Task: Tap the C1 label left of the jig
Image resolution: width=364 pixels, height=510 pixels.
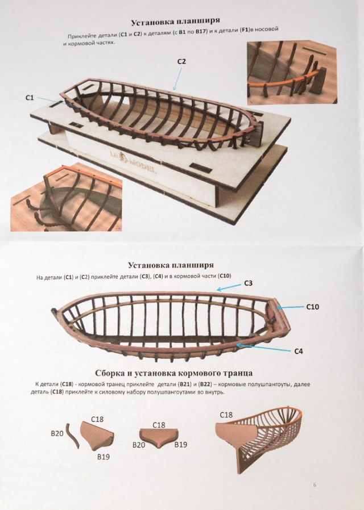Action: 30,98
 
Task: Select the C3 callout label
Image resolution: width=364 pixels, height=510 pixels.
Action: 249,282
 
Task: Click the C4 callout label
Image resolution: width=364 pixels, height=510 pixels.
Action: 299,351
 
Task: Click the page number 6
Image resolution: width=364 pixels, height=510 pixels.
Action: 314,484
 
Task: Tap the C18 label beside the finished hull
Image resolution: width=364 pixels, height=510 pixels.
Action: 226,415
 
